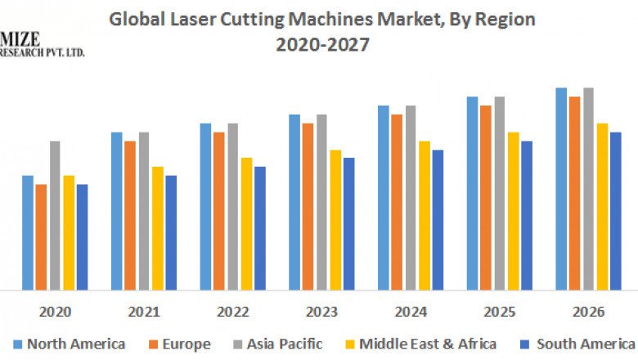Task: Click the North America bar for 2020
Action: click(x=28, y=232)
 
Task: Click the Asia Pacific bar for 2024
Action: click(x=411, y=197)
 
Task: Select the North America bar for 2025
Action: click(x=472, y=193)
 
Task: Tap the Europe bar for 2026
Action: click(x=575, y=193)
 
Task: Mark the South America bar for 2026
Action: click(x=616, y=210)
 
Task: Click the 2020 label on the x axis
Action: click(x=55, y=312)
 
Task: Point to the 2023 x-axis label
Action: click(x=321, y=312)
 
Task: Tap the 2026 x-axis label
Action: click(x=588, y=312)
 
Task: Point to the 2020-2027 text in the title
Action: click(x=321, y=45)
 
